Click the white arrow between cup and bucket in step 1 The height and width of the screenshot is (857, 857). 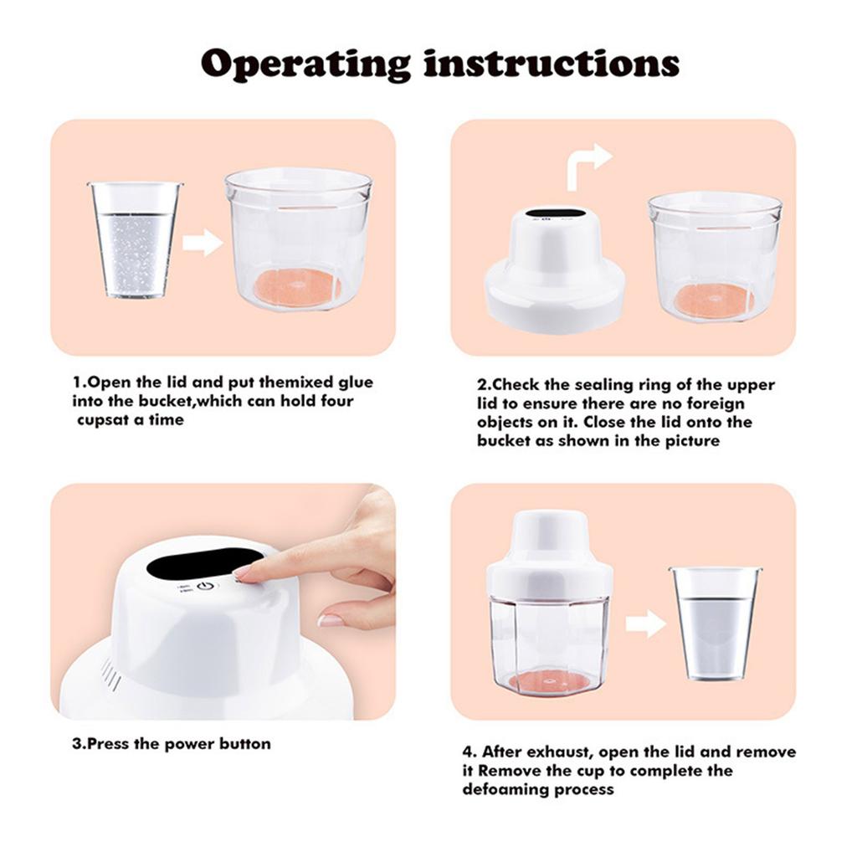202,243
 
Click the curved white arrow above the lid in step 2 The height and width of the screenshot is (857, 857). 588,164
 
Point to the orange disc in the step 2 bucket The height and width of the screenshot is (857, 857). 713,300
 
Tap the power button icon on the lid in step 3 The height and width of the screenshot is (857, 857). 205,586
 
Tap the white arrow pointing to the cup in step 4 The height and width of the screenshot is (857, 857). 644,624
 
